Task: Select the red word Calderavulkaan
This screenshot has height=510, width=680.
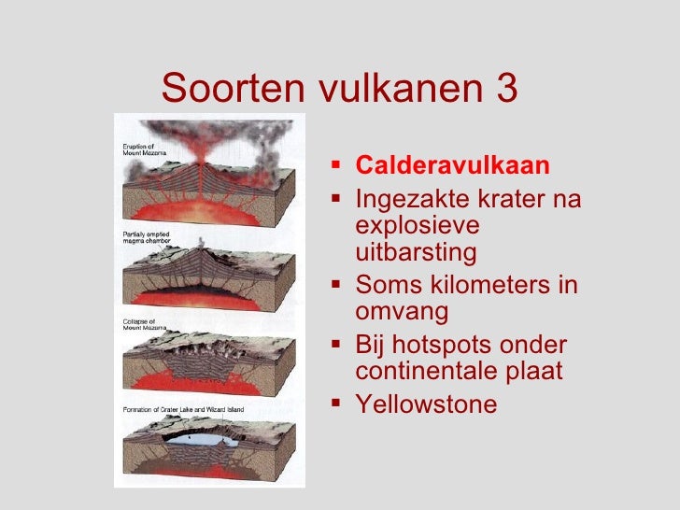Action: pyautogui.click(x=453, y=166)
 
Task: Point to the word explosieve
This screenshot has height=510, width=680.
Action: pyautogui.click(x=418, y=226)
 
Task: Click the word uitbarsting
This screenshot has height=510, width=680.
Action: pyautogui.click(x=416, y=252)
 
